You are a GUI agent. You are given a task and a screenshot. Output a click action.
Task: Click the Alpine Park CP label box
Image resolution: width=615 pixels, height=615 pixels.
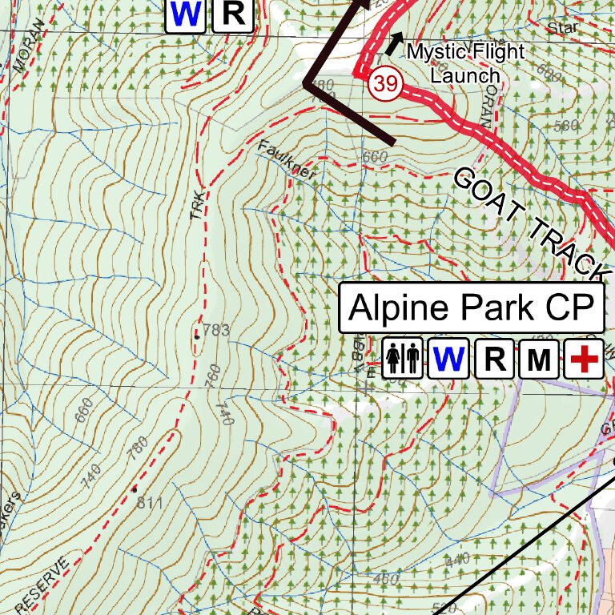[x=472, y=307]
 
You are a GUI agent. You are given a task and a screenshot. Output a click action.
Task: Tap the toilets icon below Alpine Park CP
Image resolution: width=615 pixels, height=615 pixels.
[x=403, y=358]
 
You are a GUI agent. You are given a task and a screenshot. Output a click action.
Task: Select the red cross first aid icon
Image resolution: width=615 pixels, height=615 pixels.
[x=585, y=358]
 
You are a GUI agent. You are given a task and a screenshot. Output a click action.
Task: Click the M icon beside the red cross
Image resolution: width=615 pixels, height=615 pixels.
[x=539, y=359]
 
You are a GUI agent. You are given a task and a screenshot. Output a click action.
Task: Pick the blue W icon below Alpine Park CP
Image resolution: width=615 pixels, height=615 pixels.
[x=448, y=358]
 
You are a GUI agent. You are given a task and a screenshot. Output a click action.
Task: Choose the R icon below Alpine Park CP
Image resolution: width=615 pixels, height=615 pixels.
[x=494, y=359]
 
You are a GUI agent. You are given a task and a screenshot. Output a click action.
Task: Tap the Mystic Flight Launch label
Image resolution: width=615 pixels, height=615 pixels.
[x=464, y=64]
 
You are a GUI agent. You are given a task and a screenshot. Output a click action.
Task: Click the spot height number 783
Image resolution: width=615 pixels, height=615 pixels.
[x=216, y=329]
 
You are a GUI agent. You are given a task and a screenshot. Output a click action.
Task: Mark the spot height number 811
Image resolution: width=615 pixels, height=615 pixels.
[x=149, y=503]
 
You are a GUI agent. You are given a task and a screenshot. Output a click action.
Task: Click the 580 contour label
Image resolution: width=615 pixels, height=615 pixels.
[x=566, y=126]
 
